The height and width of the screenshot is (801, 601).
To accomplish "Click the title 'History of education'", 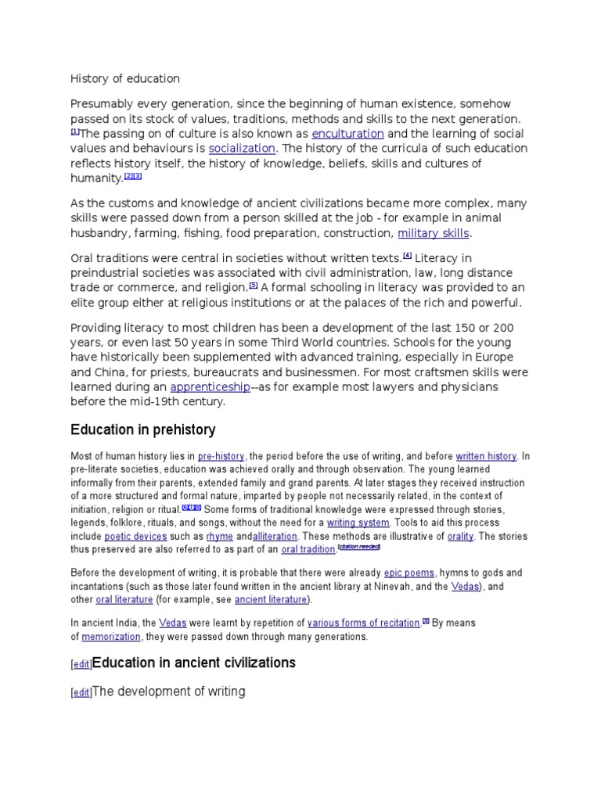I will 125,78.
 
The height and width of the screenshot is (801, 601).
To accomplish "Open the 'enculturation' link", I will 347,134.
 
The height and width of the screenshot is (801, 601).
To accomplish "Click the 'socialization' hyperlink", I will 242,149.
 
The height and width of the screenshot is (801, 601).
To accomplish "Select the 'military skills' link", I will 433,233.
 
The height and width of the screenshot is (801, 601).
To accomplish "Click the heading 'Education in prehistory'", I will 142,430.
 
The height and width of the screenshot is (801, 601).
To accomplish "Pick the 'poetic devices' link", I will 135,537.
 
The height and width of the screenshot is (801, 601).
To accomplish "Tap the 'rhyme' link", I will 220,537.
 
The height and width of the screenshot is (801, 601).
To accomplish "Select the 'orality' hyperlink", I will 459,537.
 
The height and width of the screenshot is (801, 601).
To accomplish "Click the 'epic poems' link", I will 409,573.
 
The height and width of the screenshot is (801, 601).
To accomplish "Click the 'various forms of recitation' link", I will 363,623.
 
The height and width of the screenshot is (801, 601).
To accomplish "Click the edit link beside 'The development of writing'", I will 81,693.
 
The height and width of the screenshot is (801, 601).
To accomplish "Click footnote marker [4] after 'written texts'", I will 407,255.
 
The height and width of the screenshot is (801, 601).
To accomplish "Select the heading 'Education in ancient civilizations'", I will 194,663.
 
